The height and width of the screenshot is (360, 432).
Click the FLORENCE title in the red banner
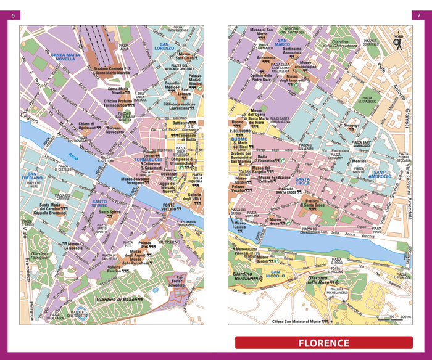(323, 343)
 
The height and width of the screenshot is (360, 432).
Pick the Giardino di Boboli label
(120, 300)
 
